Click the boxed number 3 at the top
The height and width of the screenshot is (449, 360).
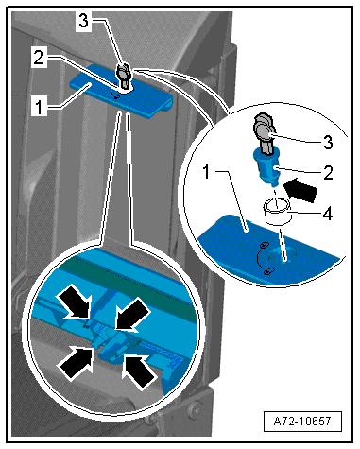(83, 22)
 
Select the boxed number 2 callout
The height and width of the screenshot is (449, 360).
(39, 58)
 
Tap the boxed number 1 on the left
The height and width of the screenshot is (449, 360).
(39, 107)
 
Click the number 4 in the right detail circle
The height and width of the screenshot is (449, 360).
(328, 215)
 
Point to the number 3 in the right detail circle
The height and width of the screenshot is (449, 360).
(328, 143)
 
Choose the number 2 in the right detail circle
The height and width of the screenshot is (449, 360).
(328, 173)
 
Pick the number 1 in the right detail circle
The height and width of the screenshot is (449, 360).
(206, 172)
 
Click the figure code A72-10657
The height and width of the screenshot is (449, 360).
(302, 421)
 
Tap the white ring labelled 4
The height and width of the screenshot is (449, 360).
(277, 211)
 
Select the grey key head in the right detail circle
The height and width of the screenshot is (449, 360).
(264, 130)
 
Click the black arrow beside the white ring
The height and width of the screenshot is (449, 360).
(300, 189)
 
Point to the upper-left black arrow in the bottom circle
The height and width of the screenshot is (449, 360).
(75, 301)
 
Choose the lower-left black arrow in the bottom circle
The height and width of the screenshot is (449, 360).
(76, 362)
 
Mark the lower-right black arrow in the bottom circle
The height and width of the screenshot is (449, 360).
(140, 371)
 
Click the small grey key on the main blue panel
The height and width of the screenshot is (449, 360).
(124, 76)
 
